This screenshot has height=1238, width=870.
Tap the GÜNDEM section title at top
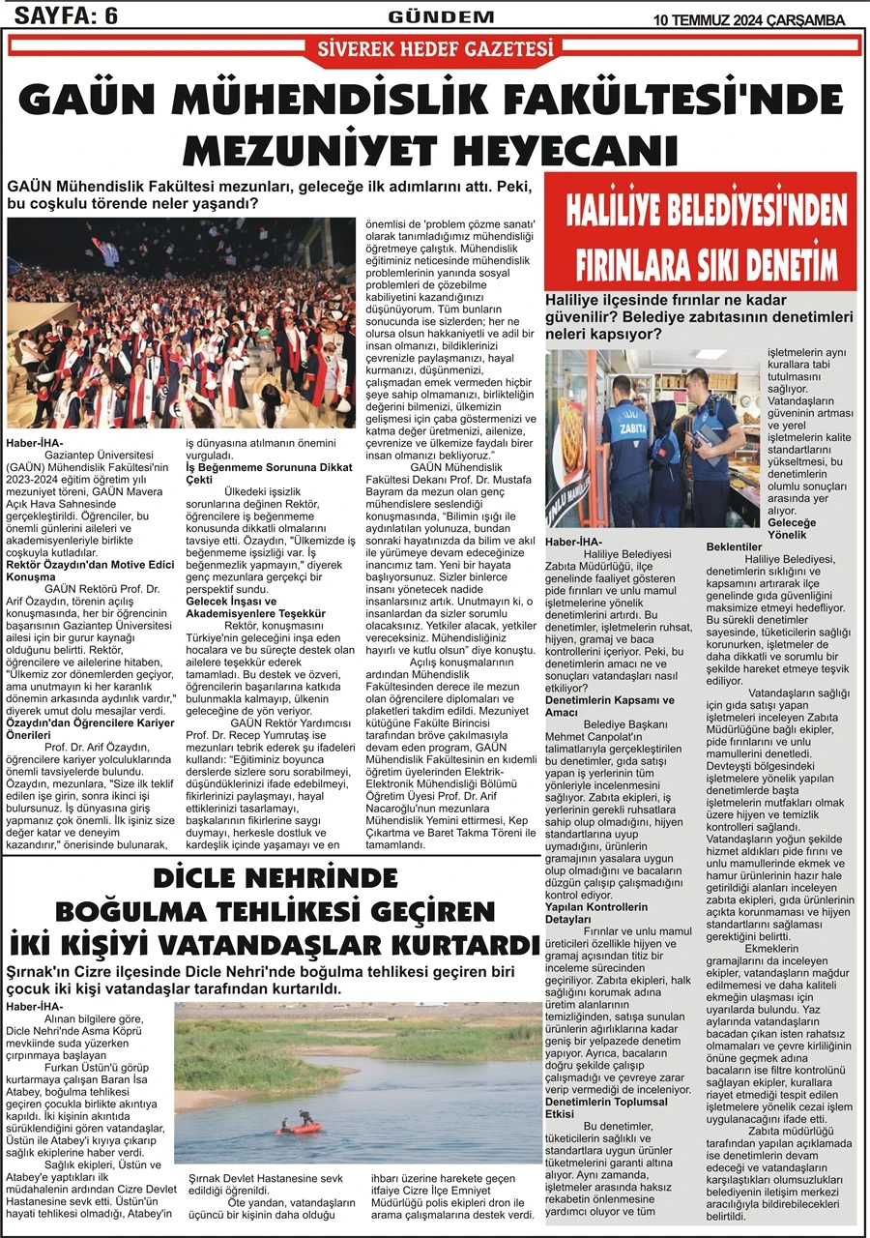[x=441, y=15]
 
